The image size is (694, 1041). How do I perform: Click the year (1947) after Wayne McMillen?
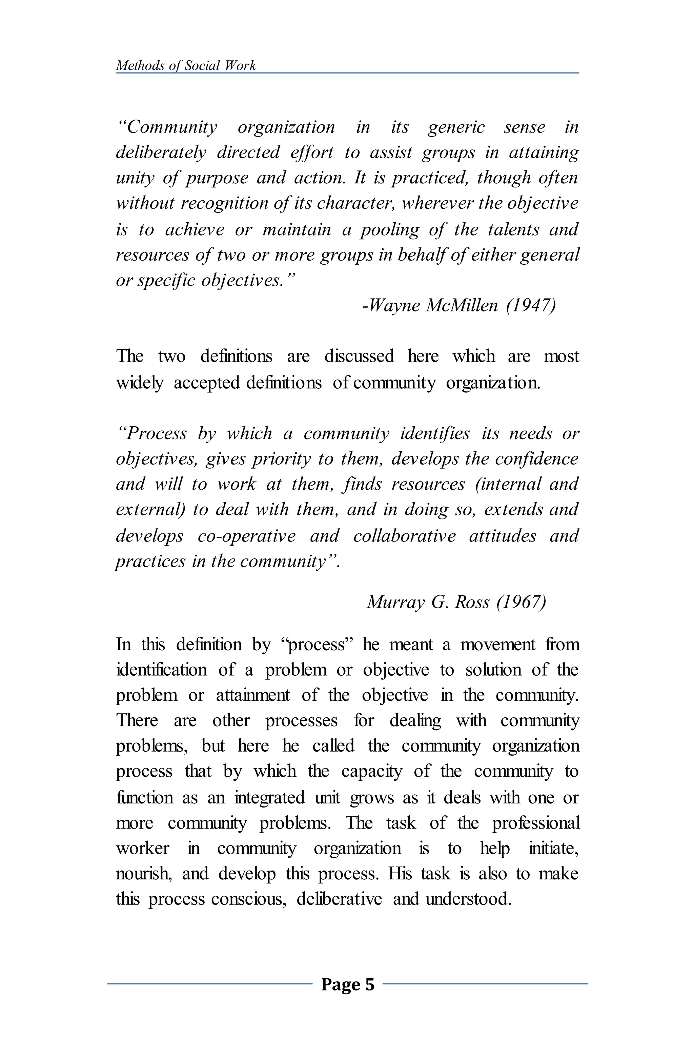pyautogui.click(x=531, y=305)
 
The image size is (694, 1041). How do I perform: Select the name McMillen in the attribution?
pyautogui.click(x=461, y=305)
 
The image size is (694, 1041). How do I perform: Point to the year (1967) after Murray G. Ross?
pyautogui.click(x=522, y=602)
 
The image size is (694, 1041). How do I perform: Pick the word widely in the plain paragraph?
pyautogui.click(x=139, y=382)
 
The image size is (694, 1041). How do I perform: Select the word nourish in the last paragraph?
pyautogui.click(x=143, y=874)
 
